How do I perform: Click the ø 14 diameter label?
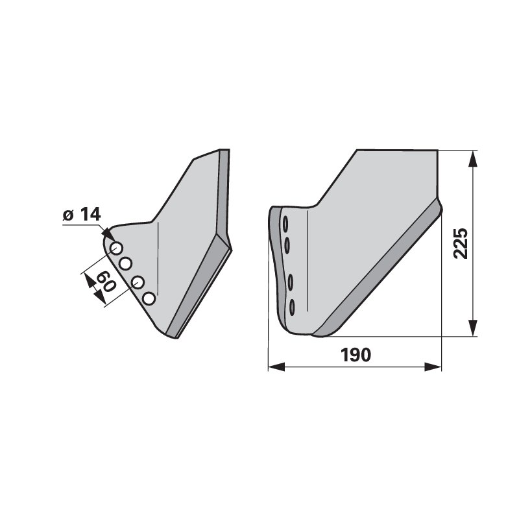pyautogui.click(x=82, y=215)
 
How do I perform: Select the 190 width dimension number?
pyautogui.click(x=356, y=355)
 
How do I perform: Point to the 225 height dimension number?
pyautogui.click(x=461, y=243)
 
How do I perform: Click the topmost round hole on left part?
pyautogui.click(x=116, y=248)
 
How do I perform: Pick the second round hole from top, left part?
pyautogui.click(x=126, y=263)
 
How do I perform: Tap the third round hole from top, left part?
pyautogui.click(x=138, y=282)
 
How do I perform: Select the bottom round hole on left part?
pyautogui.click(x=149, y=298)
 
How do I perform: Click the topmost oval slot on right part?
pyautogui.click(x=285, y=224)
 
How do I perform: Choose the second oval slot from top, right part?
pyautogui.click(x=287, y=246)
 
